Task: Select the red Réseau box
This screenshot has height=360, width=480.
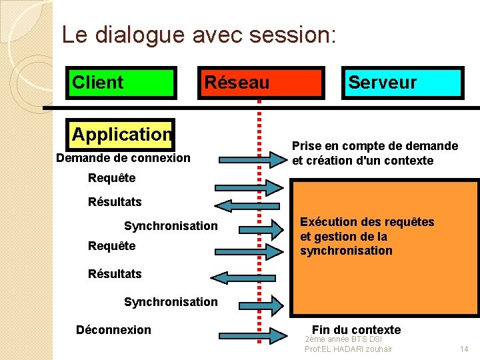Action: point(260,83)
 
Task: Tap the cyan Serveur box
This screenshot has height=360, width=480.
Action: point(402,83)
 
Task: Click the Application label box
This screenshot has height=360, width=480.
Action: point(122,134)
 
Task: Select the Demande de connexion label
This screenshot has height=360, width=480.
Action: point(123,158)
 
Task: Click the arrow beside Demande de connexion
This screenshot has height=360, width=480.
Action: point(251,159)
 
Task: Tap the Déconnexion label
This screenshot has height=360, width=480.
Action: point(113,330)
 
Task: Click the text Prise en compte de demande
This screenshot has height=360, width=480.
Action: point(375,145)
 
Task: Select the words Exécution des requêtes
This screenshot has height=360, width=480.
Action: point(367,222)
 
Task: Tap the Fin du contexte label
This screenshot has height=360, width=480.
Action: point(356,329)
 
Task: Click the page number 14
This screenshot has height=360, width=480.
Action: point(465,349)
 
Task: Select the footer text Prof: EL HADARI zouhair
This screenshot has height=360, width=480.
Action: point(348,349)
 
